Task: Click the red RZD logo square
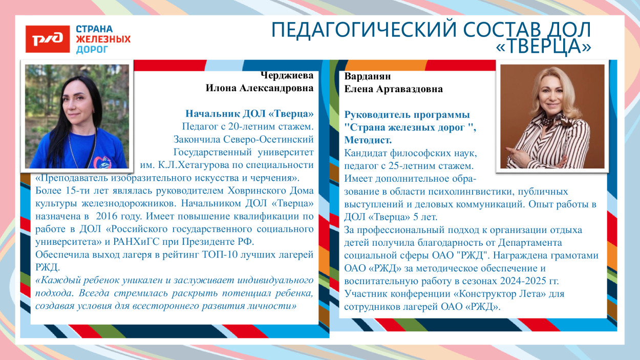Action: pos(48,39)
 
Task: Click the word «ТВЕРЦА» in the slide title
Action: pos(544,47)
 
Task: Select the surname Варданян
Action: pos(368,76)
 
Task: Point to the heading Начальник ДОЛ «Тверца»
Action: pos(249,113)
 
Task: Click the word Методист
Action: pos(368,139)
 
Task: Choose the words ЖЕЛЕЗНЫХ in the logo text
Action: pos(103,39)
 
